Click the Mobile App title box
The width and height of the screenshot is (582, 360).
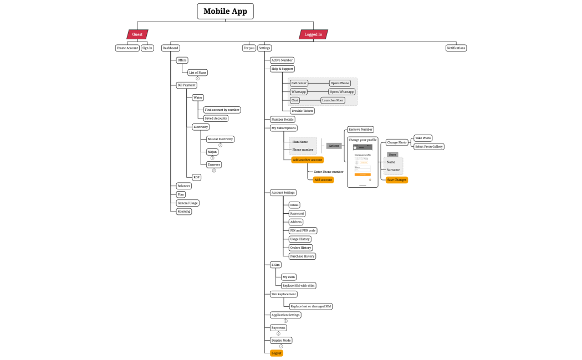tap(225, 11)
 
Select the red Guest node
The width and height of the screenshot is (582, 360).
tap(137, 34)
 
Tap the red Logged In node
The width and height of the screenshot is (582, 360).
tap(313, 34)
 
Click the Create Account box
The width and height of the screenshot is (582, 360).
tap(127, 48)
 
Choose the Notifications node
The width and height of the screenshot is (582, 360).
tap(456, 48)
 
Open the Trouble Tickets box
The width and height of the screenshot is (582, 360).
tap(302, 111)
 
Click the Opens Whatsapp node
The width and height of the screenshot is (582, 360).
tap(341, 92)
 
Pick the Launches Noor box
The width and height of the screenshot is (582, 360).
tap(333, 100)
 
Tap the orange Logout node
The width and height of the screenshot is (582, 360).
tap(276, 353)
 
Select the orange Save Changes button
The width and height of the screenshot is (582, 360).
tap(397, 180)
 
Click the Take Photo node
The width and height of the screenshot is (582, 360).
tap(423, 138)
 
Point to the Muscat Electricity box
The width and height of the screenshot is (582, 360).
tap(220, 139)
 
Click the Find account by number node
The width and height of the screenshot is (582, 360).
tap(222, 110)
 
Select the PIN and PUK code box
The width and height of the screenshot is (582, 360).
tap(303, 230)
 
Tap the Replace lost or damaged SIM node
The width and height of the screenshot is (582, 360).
tap(311, 306)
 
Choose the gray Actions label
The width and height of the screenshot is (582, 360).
tap(334, 146)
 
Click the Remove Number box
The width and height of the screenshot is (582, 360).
tap(360, 129)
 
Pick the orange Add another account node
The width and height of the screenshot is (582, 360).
tap(308, 160)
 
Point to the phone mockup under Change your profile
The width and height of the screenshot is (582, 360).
tap(363, 164)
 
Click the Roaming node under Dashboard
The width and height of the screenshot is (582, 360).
tap(183, 211)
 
